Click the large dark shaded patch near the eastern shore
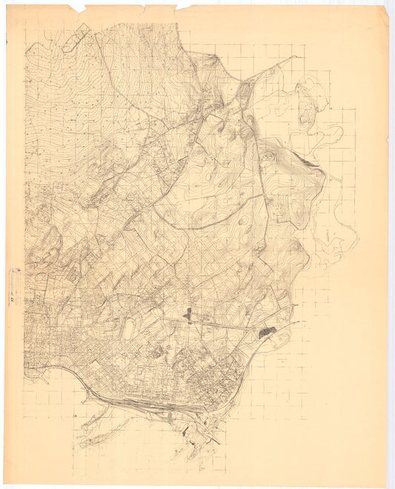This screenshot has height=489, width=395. point(267,333)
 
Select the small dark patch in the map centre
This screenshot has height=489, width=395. point(188,316)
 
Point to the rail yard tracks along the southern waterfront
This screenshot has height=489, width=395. point(141,405)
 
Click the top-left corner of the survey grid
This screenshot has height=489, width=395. point(24,22)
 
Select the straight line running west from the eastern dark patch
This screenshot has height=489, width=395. point(222,324)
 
